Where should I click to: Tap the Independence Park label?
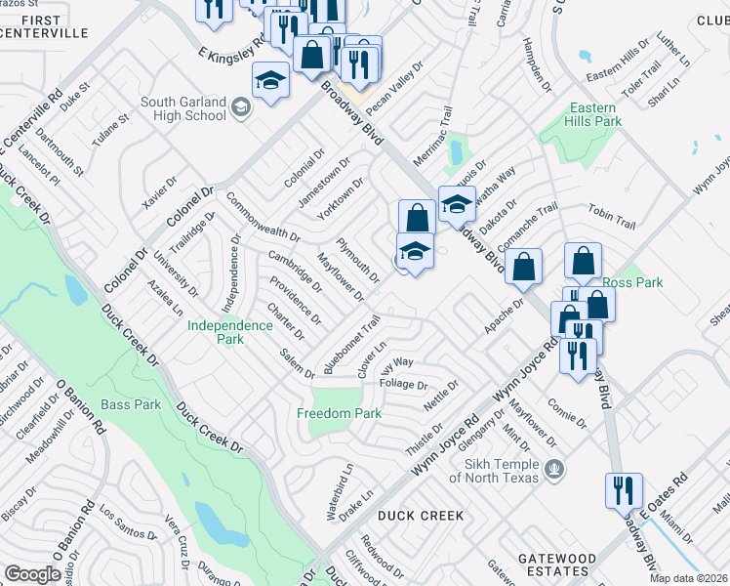[x=229, y=332]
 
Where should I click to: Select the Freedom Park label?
[x=339, y=413]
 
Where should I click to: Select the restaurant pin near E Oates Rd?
[x=623, y=489]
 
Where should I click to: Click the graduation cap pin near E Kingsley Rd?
[x=270, y=80]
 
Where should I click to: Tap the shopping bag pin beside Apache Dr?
[x=524, y=267]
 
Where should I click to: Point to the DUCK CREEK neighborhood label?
[x=420, y=515]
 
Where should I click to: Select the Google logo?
[x=33, y=574]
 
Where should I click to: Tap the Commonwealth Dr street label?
[x=262, y=218]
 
